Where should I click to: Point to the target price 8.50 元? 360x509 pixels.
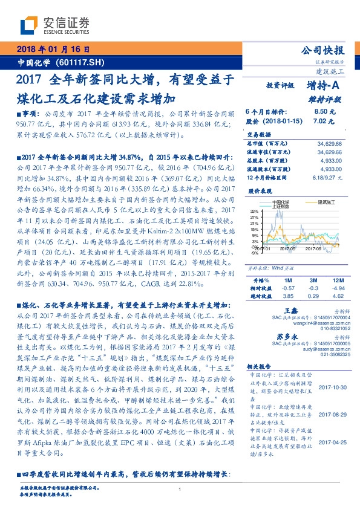click(324, 112)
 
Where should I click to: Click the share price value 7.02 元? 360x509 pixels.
click(324, 120)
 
